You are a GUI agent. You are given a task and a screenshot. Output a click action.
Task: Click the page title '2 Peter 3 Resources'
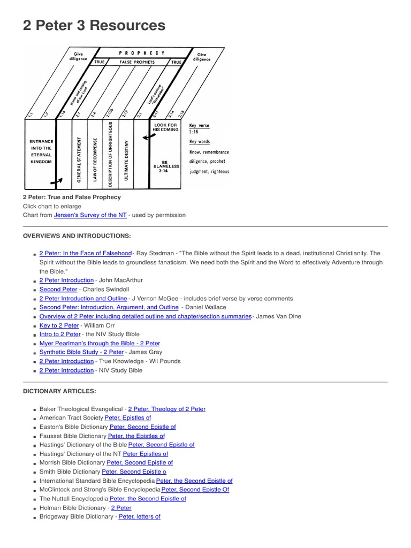[94, 25]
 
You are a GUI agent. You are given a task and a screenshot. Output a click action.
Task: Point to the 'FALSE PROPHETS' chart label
[137, 63]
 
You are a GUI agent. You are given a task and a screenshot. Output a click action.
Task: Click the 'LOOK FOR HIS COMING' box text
[165, 127]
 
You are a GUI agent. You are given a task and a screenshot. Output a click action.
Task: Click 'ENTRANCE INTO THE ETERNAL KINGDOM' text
[41, 151]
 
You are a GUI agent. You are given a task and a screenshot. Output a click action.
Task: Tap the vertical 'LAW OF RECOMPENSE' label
[95, 159]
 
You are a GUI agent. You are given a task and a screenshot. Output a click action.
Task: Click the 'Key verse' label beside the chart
[200, 126]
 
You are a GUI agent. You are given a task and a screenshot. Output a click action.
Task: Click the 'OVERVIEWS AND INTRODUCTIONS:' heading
[77, 236]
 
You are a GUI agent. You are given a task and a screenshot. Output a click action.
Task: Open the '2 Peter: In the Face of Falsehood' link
[85, 253]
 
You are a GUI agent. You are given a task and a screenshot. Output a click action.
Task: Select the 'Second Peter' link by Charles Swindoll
[58, 290]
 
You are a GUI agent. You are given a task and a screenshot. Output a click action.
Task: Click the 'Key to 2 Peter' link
[59, 325]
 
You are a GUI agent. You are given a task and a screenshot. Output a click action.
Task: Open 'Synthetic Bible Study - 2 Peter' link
[81, 352]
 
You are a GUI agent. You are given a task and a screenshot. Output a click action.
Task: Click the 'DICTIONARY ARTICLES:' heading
[59, 392]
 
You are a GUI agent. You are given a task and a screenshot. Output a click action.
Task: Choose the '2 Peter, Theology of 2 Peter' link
[166, 409]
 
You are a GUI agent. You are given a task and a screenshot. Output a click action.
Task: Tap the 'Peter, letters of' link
[139, 517]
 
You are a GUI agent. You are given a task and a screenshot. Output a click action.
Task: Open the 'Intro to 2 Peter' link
[60, 334]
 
